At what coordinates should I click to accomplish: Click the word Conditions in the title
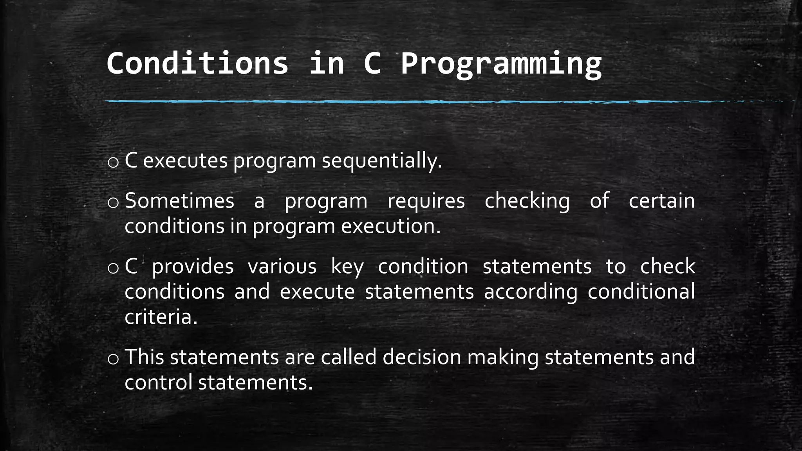click(x=197, y=63)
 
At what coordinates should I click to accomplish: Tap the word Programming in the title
click(x=501, y=63)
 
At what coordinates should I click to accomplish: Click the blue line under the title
click(x=392, y=101)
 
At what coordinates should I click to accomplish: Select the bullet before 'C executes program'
click(x=113, y=162)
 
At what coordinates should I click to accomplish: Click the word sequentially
click(x=381, y=161)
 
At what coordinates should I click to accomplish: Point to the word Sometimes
click(x=179, y=201)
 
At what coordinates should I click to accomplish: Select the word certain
click(x=661, y=201)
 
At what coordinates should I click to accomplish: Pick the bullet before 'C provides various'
click(x=113, y=268)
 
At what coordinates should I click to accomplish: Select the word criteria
click(x=161, y=317)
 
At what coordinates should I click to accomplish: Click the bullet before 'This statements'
click(x=113, y=359)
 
